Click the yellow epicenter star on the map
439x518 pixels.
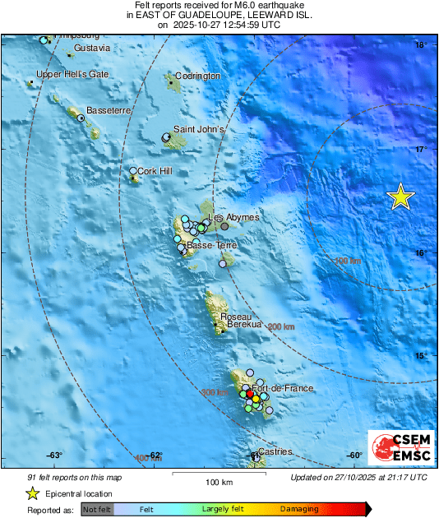click(400, 197)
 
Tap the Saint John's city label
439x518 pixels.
click(198, 130)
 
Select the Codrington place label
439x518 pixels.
click(198, 76)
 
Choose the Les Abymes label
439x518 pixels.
click(234, 217)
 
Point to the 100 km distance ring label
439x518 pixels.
click(349, 261)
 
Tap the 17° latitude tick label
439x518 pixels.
click(421, 149)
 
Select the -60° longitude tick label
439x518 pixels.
click(354, 456)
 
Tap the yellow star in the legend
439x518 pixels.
click(32, 493)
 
